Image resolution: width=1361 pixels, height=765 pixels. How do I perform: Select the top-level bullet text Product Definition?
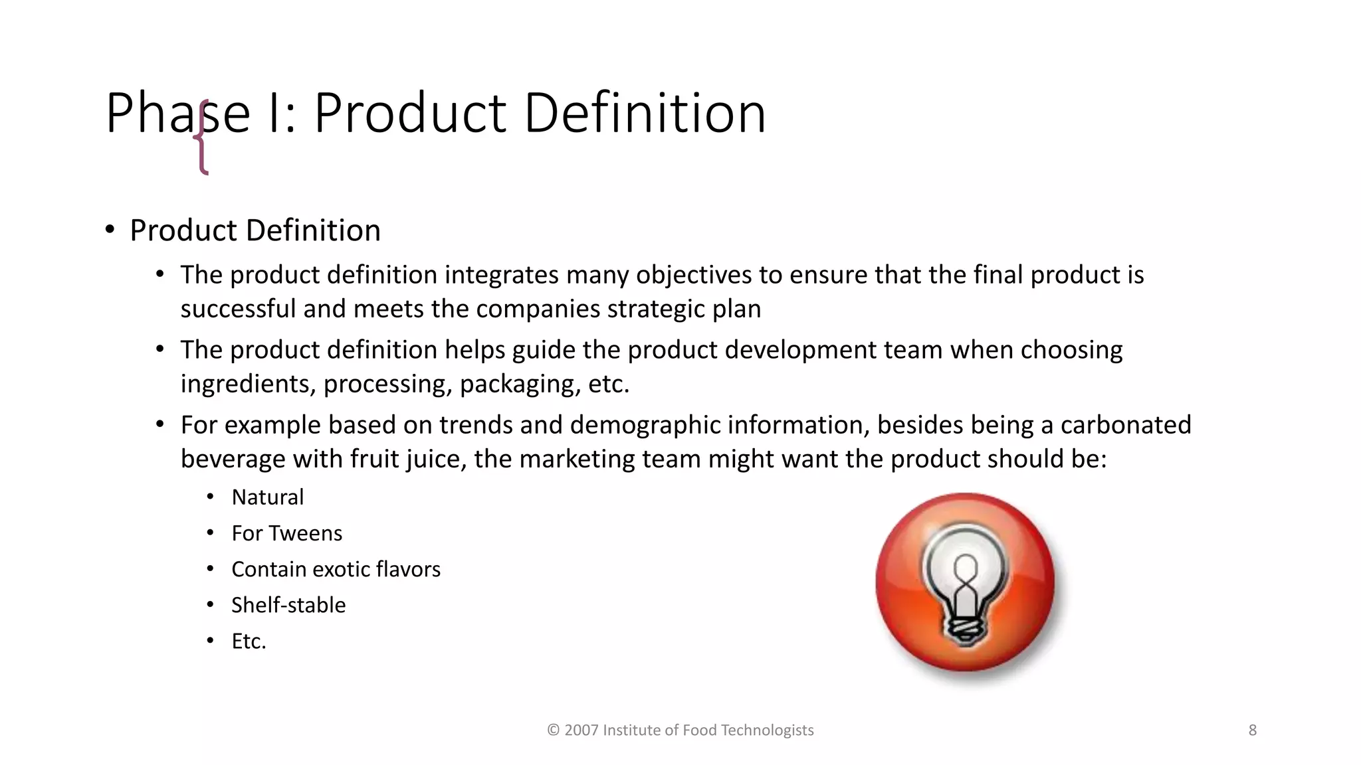point(255,230)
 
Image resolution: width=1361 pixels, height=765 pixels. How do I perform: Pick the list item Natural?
point(267,497)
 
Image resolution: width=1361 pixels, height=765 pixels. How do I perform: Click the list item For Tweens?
point(286,533)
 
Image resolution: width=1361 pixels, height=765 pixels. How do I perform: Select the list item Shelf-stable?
point(288,605)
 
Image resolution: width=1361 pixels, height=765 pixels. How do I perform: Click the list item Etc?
point(249,641)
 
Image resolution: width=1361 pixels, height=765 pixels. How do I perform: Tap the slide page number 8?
point(1252,730)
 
